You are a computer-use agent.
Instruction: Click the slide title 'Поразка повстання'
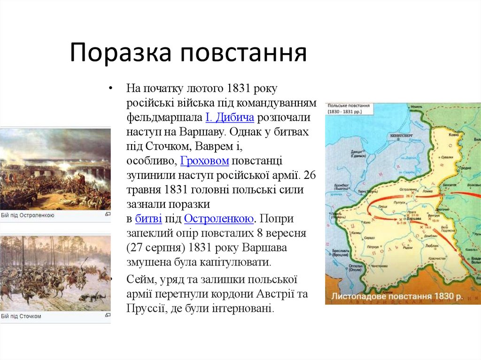pyautogui.click(x=188, y=53)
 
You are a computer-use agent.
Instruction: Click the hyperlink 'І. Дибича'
pyautogui.click(x=230, y=117)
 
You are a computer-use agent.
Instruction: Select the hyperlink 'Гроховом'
pyautogui.click(x=205, y=161)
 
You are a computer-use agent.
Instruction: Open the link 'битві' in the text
pyautogui.click(x=149, y=219)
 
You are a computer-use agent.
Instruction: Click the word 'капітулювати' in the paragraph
pyautogui.click(x=242, y=262)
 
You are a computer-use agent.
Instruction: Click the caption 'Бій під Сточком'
pyautogui.click(x=21, y=316)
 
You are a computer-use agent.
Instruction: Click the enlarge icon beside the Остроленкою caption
pyautogui.click(x=108, y=214)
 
